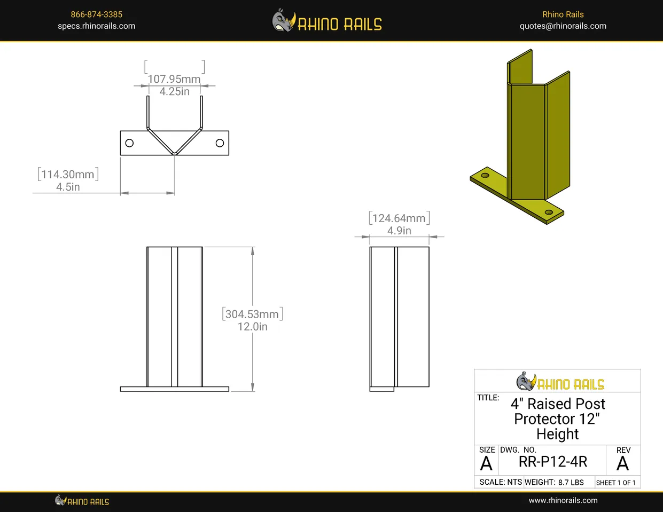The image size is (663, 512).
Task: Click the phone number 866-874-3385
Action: pyautogui.click(x=96, y=14)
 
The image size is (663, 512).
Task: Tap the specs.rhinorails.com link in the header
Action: pyautogui.click(x=96, y=26)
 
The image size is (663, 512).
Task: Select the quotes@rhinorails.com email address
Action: pyautogui.click(x=563, y=26)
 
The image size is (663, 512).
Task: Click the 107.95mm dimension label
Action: pyautogui.click(x=174, y=79)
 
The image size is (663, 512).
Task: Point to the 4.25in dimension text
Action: pyautogui.click(x=175, y=91)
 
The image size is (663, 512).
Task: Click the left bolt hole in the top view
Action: pyautogui.click(x=129, y=143)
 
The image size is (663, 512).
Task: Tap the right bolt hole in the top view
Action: pyautogui.click(x=220, y=143)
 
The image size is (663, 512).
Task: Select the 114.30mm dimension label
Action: pyautogui.click(x=68, y=175)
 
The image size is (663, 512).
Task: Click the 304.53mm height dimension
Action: pyautogui.click(x=252, y=314)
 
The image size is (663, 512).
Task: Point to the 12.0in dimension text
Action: pyautogui.click(x=252, y=327)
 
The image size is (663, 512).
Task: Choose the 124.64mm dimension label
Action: pyautogui.click(x=399, y=218)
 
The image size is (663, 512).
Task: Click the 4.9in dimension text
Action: pyautogui.click(x=399, y=231)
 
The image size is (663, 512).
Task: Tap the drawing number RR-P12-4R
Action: pyautogui.click(x=553, y=462)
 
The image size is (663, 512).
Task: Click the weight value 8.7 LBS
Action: pyautogui.click(x=571, y=483)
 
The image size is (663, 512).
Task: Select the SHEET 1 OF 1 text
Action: pyautogui.click(x=615, y=483)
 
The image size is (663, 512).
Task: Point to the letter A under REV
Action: pyautogui.click(x=622, y=463)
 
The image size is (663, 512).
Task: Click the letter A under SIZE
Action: pyautogui.click(x=486, y=463)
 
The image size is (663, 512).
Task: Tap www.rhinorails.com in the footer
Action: pyautogui.click(x=563, y=500)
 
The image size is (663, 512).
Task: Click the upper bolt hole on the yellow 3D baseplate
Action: pyautogui.click(x=485, y=176)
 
